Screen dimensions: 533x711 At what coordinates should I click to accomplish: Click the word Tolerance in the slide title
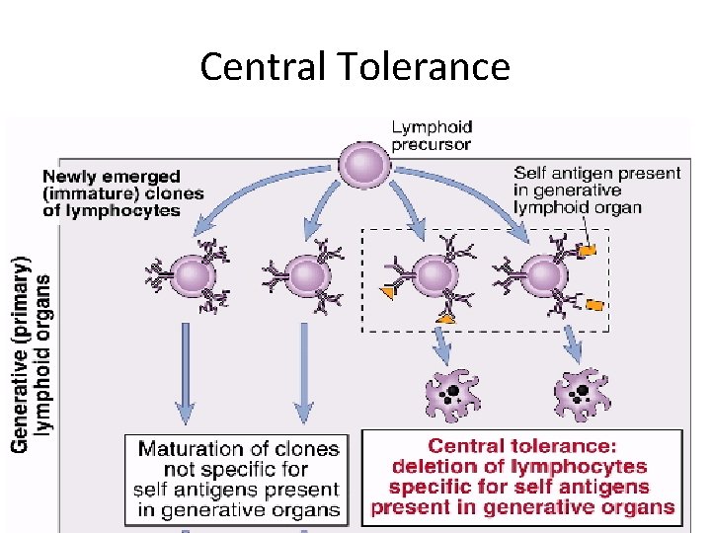pyautogui.click(x=424, y=67)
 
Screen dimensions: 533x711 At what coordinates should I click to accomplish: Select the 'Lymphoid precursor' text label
pyautogui.click(x=433, y=135)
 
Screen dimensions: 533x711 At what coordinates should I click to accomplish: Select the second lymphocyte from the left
pyautogui.click(x=307, y=275)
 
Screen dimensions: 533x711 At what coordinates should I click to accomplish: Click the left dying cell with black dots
pyautogui.click(x=452, y=395)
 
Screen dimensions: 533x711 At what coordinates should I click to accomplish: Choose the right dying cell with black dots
pyautogui.click(x=582, y=395)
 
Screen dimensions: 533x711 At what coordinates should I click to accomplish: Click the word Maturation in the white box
pyautogui.click(x=189, y=449)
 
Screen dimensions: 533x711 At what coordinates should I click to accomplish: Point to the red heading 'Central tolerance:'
pyautogui.click(x=522, y=446)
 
